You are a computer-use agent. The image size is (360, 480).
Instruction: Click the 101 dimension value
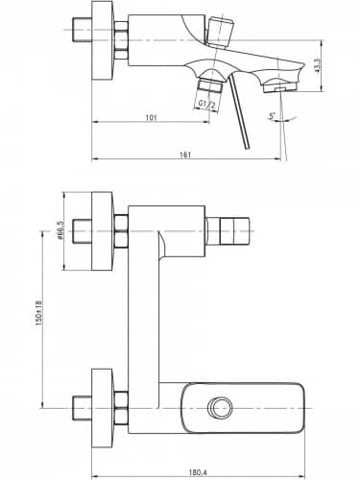click(x=151, y=118)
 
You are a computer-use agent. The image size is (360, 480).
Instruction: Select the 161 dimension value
click(x=185, y=155)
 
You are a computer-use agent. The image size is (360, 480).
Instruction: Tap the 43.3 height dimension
click(x=318, y=66)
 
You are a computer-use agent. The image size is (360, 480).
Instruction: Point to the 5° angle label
click(x=272, y=116)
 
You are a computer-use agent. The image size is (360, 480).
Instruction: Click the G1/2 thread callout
click(x=206, y=104)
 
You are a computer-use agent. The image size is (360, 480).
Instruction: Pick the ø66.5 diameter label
click(x=60, y=230)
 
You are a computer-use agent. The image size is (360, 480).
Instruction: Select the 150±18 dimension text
click(x=38, y=313)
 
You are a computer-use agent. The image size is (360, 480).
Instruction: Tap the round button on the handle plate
click(x=219, y=408)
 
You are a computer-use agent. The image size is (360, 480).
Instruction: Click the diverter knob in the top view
click(x=219, y=32)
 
